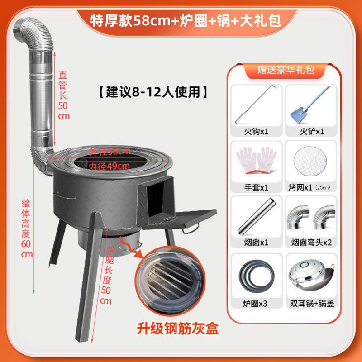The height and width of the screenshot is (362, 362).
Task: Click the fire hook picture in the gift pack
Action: (257, 105)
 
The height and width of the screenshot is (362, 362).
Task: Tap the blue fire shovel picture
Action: (311, 105)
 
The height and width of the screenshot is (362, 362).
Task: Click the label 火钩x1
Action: (257, 131)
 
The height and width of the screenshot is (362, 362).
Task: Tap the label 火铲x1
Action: (311, 131)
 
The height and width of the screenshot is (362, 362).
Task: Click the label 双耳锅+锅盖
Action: (311, 304)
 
